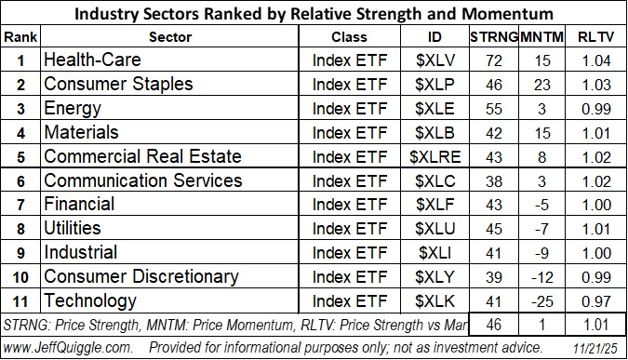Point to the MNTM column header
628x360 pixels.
(544, 37)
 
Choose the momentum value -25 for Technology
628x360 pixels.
(543, 301)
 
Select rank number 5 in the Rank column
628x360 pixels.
(20, 156)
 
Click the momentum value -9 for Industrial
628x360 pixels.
(543, 253)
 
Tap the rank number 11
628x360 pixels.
(20, 301)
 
